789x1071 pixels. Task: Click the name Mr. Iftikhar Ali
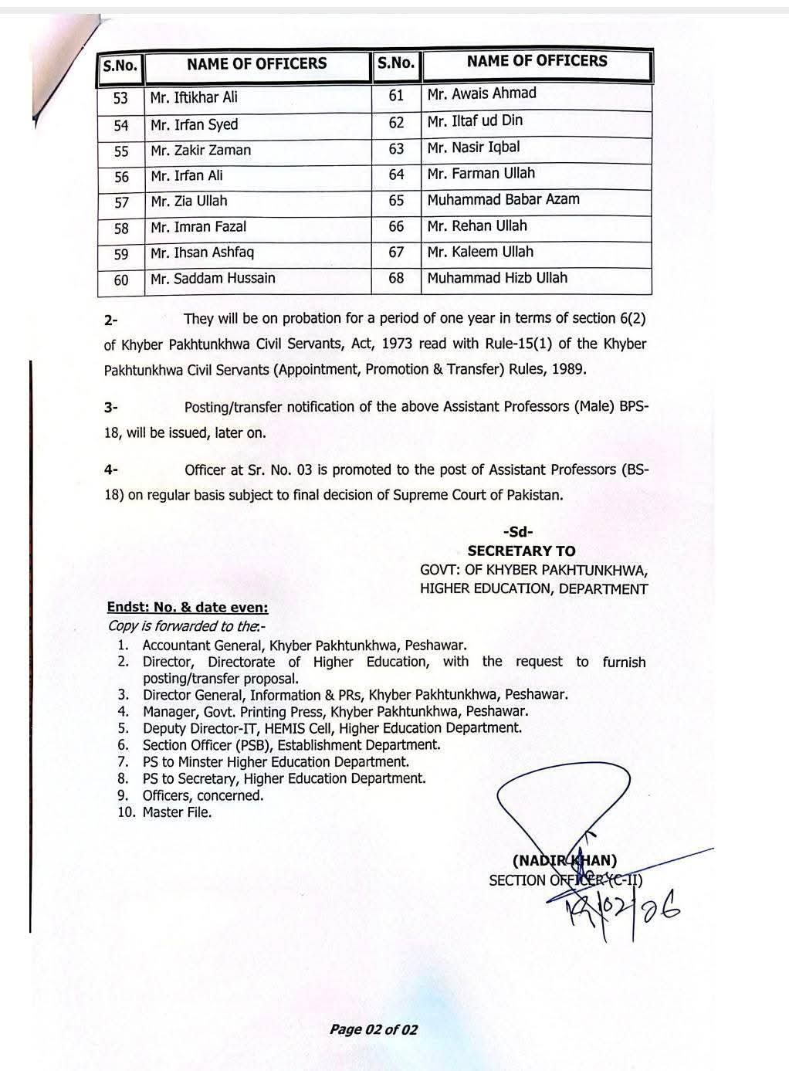coord(195,97)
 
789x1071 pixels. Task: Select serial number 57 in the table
coord(121,202)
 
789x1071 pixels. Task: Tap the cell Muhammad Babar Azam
coord(503,199)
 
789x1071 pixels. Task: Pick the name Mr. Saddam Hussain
coord(213,278)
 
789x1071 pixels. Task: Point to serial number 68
coord(396,277)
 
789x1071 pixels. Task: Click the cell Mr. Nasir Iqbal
coord(473,147)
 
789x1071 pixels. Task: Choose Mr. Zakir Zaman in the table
coord(201,151)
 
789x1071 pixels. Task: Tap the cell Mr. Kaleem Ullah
coord(480,252)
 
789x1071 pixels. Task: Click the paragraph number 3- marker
coord(111,407)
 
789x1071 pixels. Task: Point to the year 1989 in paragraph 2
coord(568,369)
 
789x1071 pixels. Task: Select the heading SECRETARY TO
coord(521,551)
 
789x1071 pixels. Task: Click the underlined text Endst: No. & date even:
coord(188,608)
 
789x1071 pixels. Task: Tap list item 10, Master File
coord(176,812)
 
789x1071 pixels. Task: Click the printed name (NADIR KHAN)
coord(564,860)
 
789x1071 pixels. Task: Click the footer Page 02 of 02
coord(374,1029)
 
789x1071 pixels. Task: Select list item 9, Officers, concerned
coord(202,795)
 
